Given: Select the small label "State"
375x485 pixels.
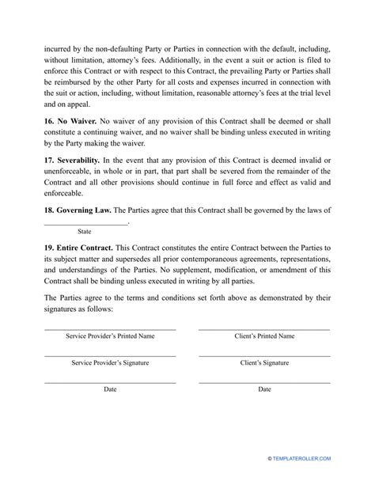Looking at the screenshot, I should point(84,232).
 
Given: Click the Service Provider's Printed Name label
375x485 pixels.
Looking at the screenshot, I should point(109,336).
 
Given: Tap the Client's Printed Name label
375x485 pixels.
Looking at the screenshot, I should point(265,336).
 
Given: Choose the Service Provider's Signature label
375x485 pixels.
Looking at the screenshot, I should point(109,363).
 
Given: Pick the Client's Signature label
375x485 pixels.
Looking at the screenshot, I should point(265,363).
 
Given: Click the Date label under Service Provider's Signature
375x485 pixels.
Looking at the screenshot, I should point(110,389).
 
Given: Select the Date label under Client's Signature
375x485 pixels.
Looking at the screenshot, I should point(265,389).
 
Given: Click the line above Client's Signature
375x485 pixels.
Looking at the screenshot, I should point(265,356).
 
